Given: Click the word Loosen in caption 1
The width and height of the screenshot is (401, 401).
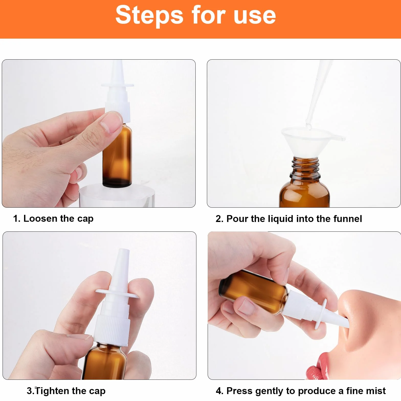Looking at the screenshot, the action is point(40,218).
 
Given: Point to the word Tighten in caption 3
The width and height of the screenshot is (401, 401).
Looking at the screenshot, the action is point(52,391).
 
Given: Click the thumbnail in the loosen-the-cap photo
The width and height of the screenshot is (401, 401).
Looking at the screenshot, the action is point(110,124).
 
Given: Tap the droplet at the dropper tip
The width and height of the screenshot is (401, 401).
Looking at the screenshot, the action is point(309,126).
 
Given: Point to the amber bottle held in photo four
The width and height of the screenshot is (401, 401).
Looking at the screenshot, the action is point(253,291).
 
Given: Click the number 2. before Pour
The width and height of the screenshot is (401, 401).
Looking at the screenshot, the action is point(220,219).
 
